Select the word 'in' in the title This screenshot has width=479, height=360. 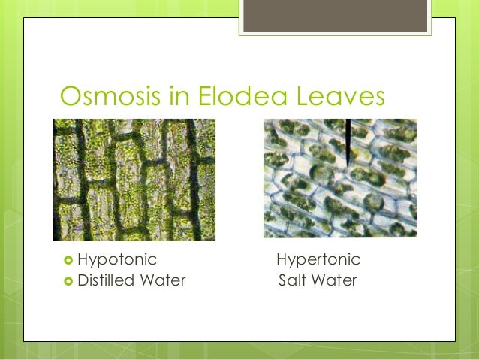174,95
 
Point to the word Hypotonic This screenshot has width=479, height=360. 117,260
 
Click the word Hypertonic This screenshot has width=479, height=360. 318,260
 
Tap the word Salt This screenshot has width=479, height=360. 291,282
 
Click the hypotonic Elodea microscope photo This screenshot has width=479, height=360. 134,180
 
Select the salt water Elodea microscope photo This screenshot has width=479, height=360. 340,178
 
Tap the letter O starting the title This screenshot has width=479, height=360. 70,95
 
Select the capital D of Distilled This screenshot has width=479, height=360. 83,282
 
